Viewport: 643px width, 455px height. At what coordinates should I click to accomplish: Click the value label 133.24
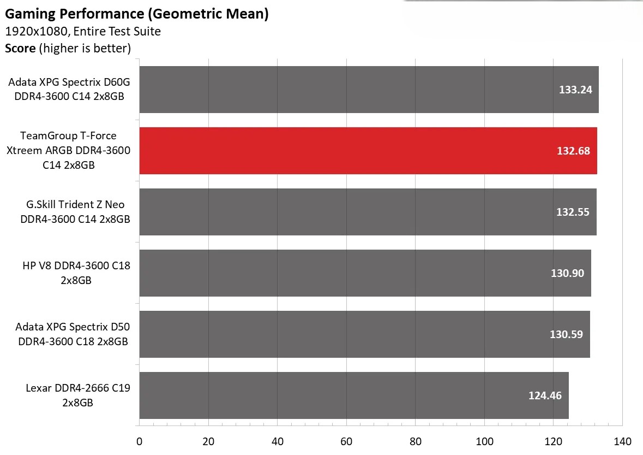point(575,90)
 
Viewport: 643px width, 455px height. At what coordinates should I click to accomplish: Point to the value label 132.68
point(573,151)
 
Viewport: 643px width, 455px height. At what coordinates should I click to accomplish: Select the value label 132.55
point(573,212)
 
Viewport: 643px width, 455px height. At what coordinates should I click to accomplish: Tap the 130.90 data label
point(567,273)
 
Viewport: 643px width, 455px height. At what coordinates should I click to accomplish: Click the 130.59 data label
point(566,334)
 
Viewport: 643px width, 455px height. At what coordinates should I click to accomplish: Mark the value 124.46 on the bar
point(545,395)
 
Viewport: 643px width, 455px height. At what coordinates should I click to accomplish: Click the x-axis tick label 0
point(140,441)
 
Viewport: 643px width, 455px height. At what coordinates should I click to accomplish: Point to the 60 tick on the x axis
point(346,441)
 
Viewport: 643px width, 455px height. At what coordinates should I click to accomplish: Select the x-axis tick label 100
point(484,441)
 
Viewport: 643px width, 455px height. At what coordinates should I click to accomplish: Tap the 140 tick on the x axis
point(622,441)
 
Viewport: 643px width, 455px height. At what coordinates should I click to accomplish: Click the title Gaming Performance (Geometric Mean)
point(137,14)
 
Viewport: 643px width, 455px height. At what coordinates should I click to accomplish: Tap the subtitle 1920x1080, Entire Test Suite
point(83,31)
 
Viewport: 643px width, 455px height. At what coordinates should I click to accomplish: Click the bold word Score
point(20,48)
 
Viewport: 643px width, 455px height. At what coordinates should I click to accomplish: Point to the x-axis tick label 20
point(208,441)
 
